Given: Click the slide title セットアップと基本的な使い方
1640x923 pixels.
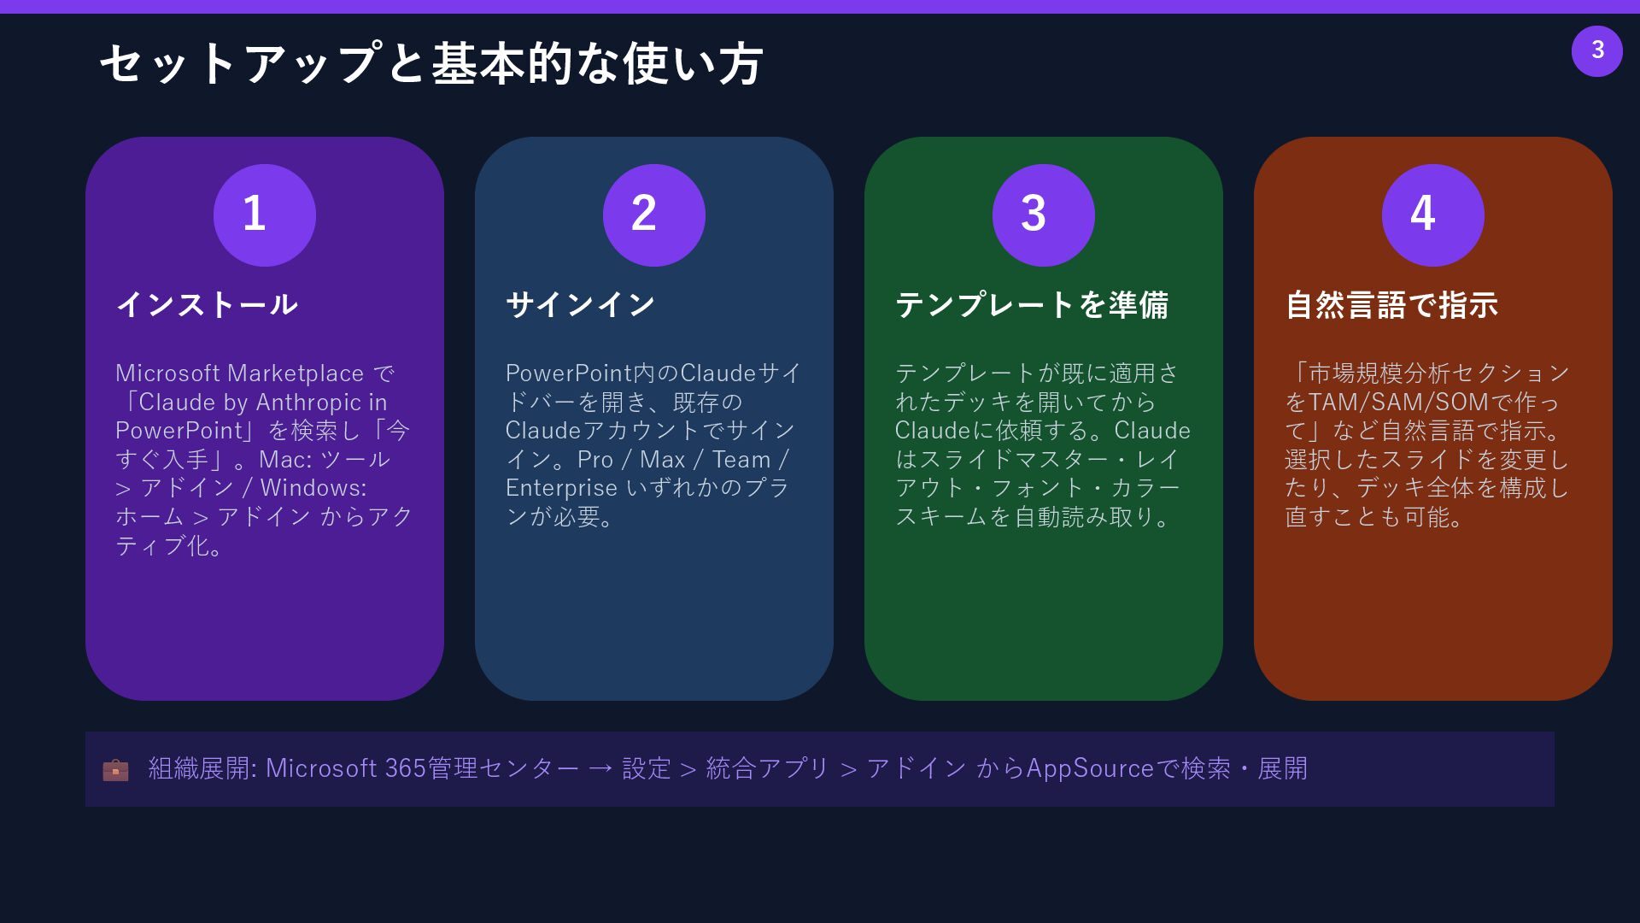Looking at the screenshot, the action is click(x=430, y=64).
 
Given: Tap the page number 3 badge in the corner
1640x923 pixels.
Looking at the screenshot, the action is click(x=1596, y=50).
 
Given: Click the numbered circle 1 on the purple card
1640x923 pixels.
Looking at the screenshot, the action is click(x=264, y=215).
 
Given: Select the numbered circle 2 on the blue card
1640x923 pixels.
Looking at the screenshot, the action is click(x=653, y=215).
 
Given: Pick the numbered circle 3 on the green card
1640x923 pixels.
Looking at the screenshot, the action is click(x=1043, y=215).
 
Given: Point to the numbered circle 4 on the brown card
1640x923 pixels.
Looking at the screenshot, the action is click(x=1432, y=215).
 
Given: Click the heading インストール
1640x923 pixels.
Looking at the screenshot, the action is click(x=207, y=304).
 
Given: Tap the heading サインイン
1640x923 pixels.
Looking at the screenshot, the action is click(x=581, y=304).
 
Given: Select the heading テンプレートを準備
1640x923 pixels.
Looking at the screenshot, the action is click(x=1032, y=304).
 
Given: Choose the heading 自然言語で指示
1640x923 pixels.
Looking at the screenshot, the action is click(x=1391, y=304).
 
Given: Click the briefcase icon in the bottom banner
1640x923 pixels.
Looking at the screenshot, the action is click(x=115, y=770).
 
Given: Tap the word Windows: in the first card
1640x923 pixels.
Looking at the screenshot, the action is click(x=313, y=488).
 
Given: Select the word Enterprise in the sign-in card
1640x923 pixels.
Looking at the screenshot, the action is click(x=561, y=488).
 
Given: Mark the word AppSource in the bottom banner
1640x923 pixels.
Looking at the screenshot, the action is click(x=1090, y=768).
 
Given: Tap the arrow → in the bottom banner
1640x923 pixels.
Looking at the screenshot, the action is click(x=600, y=769).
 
